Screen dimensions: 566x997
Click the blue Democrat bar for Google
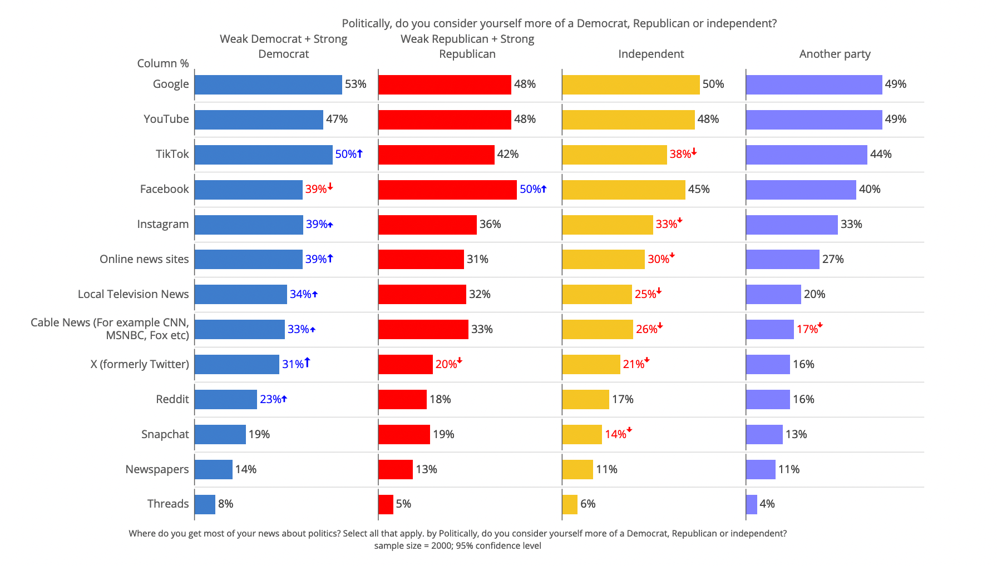pyautogui.click(x=268, y=85)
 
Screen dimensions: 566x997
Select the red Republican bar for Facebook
pyautogui.click(x=447, y=190)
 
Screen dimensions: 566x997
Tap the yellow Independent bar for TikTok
pyautogui.click(x=614, y=155)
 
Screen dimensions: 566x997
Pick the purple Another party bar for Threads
pyautogui.click(x=752, y=504)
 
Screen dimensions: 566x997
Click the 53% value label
pyautogui.click(x=356, y=85)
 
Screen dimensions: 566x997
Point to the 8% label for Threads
pyautogui.click(x=225, y=504)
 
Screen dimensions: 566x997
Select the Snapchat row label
pyautogui.click(x=165, y=434)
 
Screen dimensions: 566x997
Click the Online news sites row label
pyautogui.click(x=144, y=259)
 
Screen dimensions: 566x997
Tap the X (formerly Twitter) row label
pyautogui.click(x=140, y=364)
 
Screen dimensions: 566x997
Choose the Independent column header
pyautogui.click(x=651, y=54)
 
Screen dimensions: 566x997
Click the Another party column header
pyautogui.click(x=835, y=54)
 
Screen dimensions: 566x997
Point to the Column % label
pyautogui.click(x=163, y=63)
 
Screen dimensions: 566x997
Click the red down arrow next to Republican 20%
pyautogui.click(x=460, y=361)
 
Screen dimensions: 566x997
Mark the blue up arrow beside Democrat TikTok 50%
pyautogui.click(x=360, y=153)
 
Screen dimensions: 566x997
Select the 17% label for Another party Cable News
pyautogui.click(x=807, y=329)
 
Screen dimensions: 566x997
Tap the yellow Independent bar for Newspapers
pyautogui.click(x=578, y=469)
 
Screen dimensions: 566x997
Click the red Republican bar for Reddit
pyautogui.click(x=402, y=399)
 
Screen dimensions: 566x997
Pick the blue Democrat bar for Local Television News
pyautogui.click(x=240, y=294)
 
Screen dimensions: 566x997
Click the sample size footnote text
pyautogui.click(x=457, y=546)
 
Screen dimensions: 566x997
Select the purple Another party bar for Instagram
pyautogui.click(x=792, y=225)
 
